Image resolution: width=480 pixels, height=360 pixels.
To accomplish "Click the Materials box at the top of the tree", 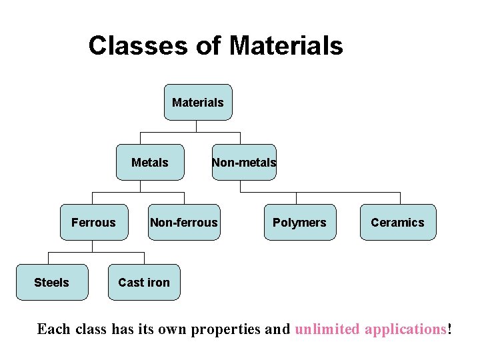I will coord(198,102).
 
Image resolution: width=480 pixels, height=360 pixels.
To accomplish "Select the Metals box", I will coord(150,162).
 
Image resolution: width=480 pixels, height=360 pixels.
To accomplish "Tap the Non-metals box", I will coord(244,162).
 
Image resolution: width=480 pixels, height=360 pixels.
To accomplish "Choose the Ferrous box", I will coord(93,222).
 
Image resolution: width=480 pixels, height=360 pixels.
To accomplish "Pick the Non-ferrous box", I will coord(184,222).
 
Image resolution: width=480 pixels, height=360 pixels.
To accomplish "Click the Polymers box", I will coord(299,222).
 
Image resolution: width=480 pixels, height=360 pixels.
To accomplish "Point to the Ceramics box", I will coord(397,222).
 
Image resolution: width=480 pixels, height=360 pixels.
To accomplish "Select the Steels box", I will coord(51,282).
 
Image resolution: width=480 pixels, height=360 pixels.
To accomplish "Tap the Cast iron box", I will coord(144,282).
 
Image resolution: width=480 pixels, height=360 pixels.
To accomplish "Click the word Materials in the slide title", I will coord(286,46).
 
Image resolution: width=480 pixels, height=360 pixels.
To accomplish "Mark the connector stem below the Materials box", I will coord(197,126).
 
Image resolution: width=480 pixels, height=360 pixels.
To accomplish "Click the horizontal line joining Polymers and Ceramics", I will coord(350,193).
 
